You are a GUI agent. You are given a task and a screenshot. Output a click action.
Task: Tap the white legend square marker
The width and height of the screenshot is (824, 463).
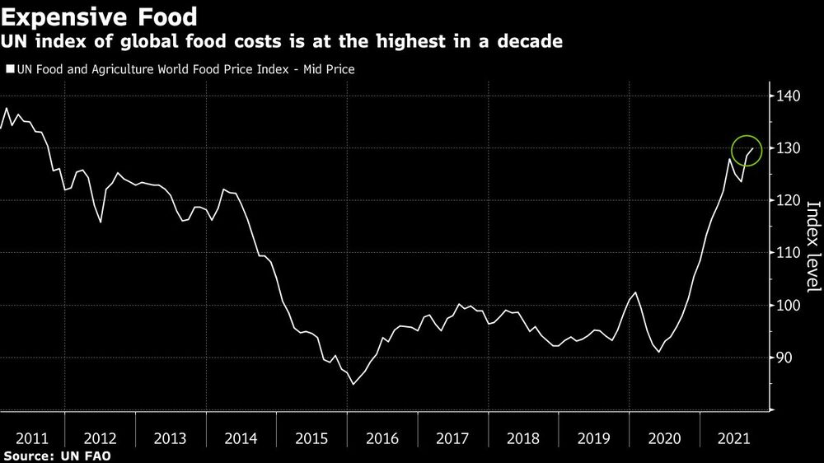tap(10, 70)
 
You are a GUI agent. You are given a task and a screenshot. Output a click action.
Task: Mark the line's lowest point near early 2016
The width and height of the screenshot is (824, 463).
tap(353, 384)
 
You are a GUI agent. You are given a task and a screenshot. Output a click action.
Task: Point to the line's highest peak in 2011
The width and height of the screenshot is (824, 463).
tap(7, 109)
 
